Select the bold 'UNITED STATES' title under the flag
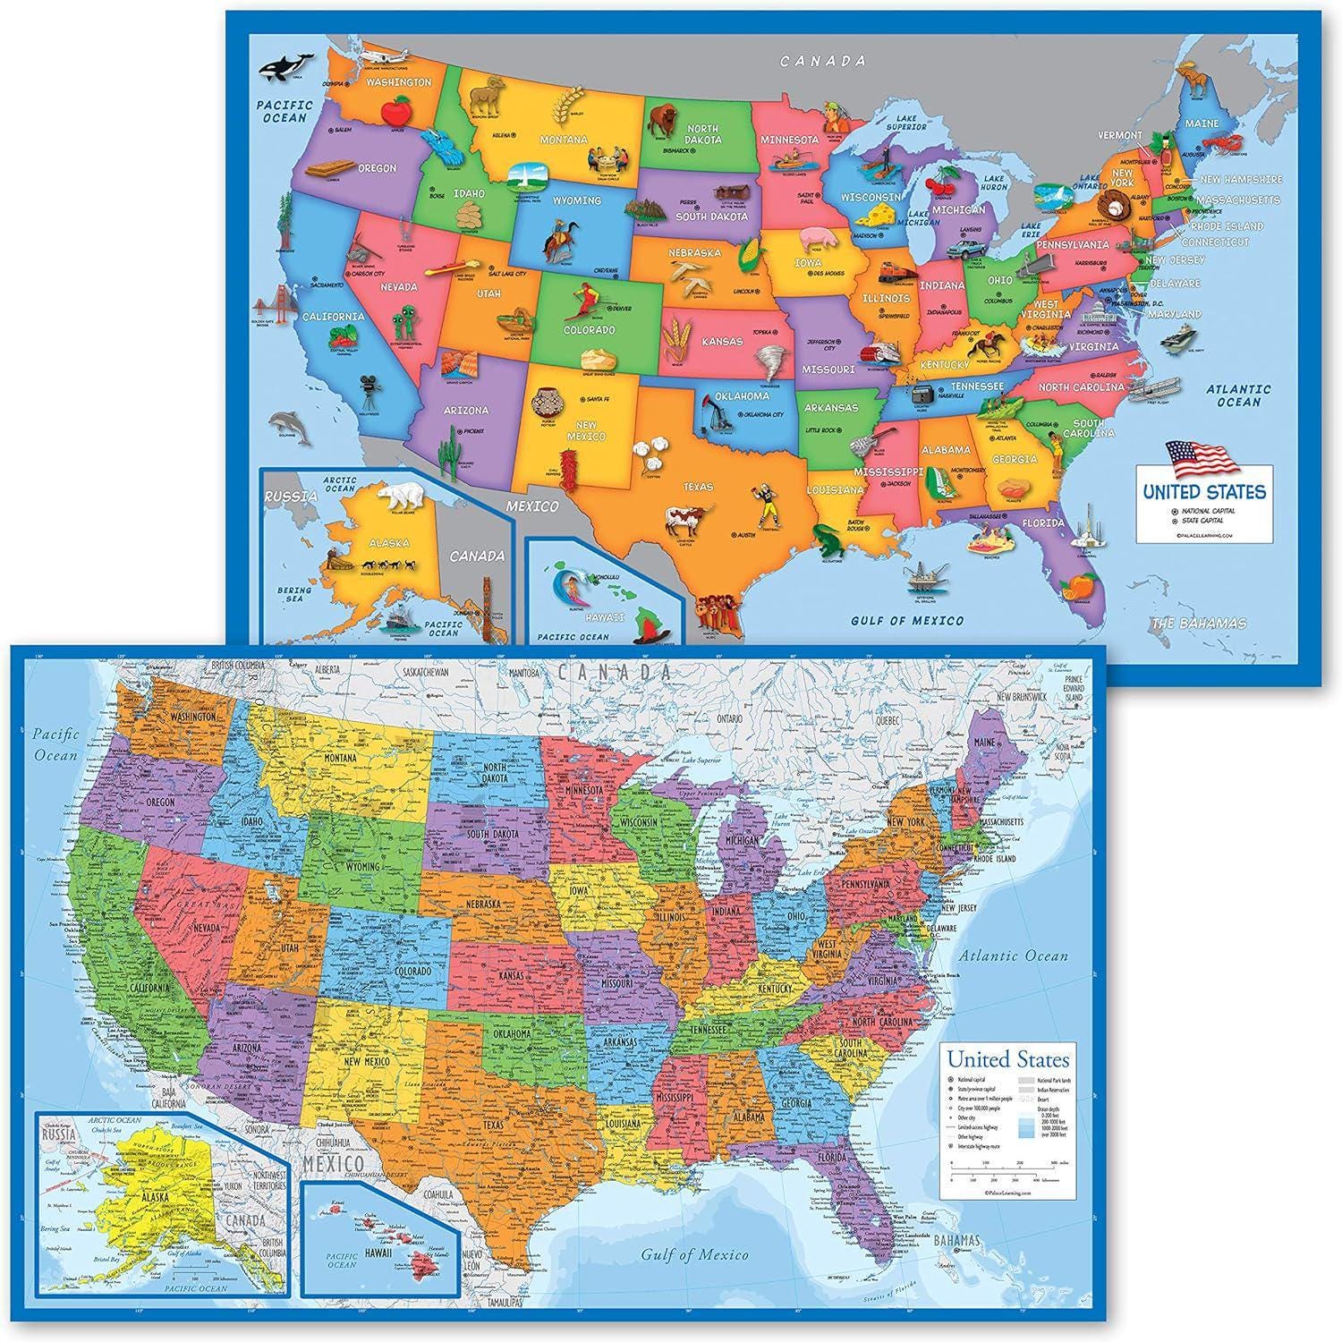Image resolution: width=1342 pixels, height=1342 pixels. click(x=1203, y=491)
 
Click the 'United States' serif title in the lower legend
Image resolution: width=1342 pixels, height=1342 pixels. click(x=1007, y=1060)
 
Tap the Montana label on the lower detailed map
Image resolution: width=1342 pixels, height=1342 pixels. click(x=340, y=759)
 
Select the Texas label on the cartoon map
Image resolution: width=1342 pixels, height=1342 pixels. click(x=699, y=487)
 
